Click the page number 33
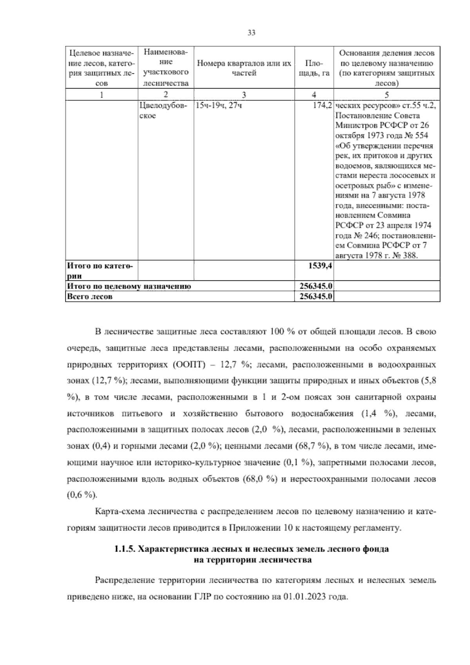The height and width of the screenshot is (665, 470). click(x=251, y=33)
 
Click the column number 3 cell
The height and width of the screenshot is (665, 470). click(x=244, y=95)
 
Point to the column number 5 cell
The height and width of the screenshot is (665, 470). click(x=387, y=95)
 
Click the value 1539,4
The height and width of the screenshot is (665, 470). click(x=321, y=266)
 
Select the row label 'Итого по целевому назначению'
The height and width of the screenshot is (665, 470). click(x=129, y=286)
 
